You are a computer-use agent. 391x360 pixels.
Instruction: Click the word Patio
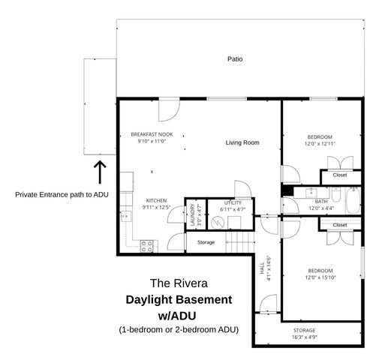[235, 58]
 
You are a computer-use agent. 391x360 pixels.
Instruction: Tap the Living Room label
[242, 142]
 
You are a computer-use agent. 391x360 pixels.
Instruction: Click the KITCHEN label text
[156, 200]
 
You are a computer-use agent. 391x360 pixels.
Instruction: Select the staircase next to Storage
[239, 242]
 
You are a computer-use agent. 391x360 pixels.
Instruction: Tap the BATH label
[321, 201]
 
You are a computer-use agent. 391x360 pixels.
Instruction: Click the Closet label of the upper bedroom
[340, 175]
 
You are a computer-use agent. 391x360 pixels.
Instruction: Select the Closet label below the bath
[340, 224]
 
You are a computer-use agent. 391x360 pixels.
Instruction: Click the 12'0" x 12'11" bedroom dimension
[320, 143]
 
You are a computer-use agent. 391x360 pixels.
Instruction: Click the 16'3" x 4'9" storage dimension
[304, 337]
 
